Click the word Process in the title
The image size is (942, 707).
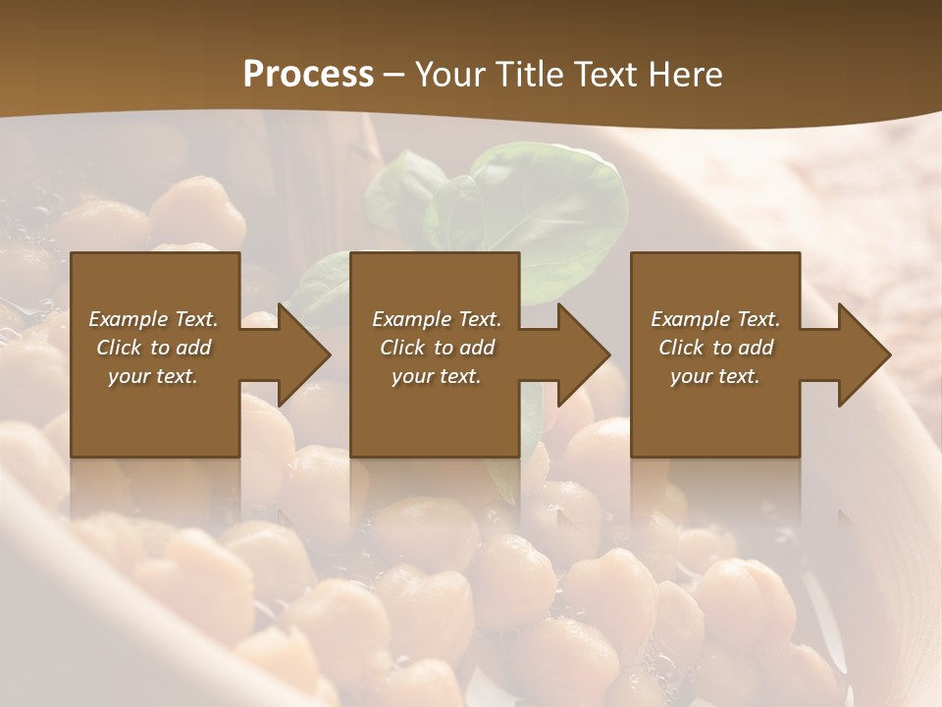click(308, 74)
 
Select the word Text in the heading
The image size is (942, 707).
click(604, 74)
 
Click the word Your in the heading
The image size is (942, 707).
click(450, 74)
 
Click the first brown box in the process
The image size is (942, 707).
click(155, 422)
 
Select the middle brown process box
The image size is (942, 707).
click(435, 422)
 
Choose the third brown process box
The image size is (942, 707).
click(714, 422)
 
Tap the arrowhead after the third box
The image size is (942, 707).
click(863, 354)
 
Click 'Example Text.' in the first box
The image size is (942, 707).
click(153, 319)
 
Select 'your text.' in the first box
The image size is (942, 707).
click(153, 376)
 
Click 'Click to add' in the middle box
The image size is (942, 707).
click(437, 348)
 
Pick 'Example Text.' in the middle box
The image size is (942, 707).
click(437, 319)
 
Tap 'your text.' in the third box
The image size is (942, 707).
click(715, 376)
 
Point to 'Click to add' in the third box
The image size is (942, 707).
click(715, 348)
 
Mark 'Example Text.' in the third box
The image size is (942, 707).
click(715, 319)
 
